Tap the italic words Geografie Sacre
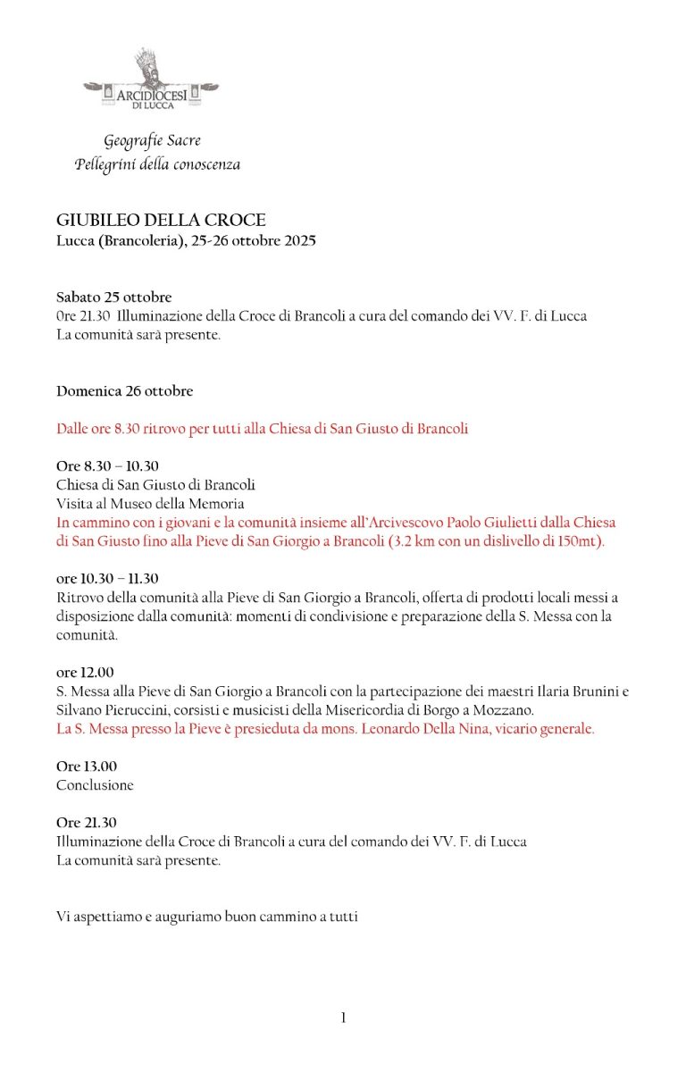152,141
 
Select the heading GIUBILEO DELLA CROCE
161,221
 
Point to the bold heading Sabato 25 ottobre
113,297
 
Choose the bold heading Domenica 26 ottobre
124,391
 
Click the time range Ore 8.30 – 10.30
107,466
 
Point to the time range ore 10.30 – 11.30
107,579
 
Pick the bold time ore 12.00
85,673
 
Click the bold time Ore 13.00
87,766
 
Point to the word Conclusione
95,785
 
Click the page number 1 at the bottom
343,1018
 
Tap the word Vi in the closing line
63,917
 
